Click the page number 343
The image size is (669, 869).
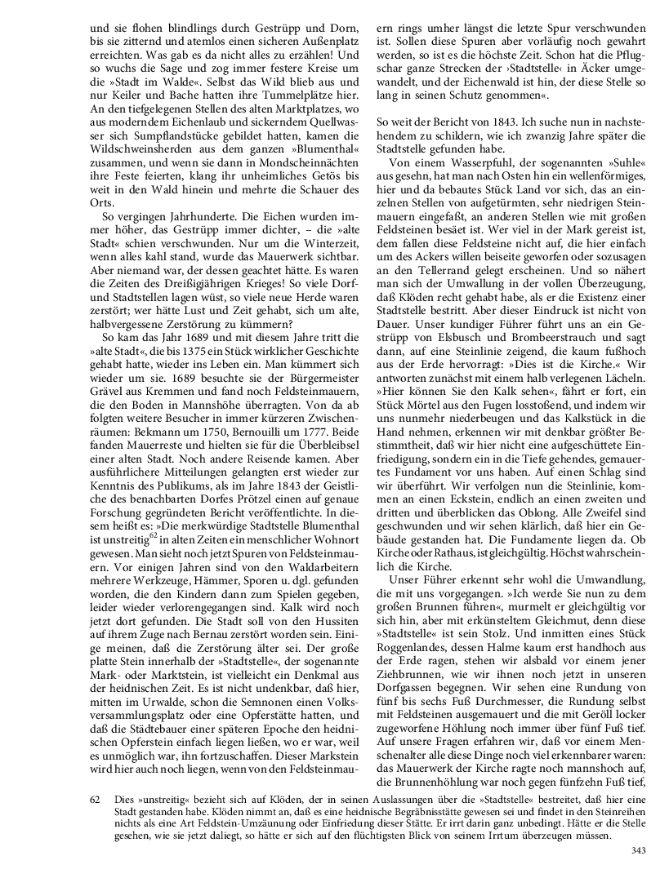(638, 851)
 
